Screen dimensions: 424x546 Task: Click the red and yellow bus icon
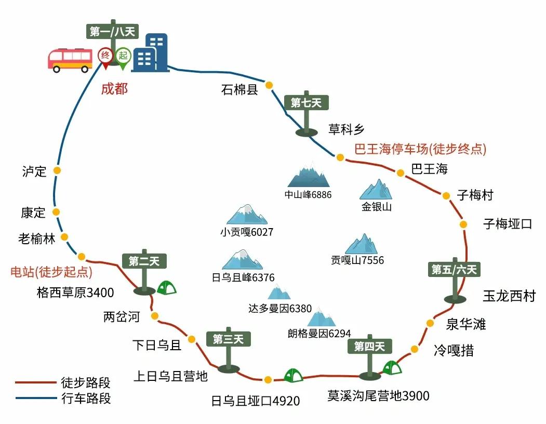pyautogui.click(x=69, y=60)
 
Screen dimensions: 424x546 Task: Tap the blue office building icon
pyautogui.click(x=151, y=52)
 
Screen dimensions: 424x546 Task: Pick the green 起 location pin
pyautogui.click(x=123, y=57)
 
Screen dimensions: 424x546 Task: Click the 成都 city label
pyautogui.click(x=114, y=89)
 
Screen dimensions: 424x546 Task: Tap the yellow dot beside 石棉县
pyautogui.click(x=269, y=85)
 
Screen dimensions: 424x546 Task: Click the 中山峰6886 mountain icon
pyautogui.click(x=309, y=175)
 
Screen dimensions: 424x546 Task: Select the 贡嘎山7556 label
pyautogui.click(x=357, y=260)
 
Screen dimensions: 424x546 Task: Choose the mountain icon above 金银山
pyautogui.click(x=377, y=190)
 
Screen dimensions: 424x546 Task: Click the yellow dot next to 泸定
pyautogui.click(x=57, y=170)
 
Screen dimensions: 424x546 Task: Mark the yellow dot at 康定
pyautogui.click(x=56, y=212)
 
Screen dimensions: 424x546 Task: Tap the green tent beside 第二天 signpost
pyautogui.click(x=166, y=287)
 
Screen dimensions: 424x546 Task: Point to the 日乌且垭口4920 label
pyautogui.click(x=255, y=401)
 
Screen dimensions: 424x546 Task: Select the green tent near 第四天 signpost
pyautogui.click(x=392, y=368)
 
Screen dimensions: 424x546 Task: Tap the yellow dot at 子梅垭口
pyautogui.click(x=463, y=224)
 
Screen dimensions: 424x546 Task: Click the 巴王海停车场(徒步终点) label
pyautogui.click(x=420, y=150)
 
